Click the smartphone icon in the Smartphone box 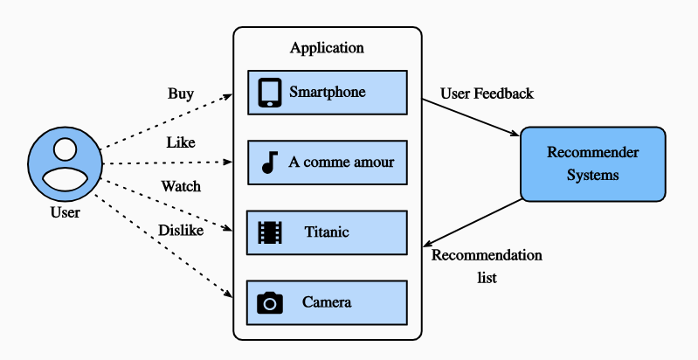(270, 92)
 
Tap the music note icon (270, 162)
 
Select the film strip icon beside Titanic (270, 232)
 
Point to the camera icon (270, 302)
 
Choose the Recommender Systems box (592, 163)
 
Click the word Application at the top (327, 48)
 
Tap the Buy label (180, 93)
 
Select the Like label (180, 142)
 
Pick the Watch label (180, 186)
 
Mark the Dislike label (180, 230)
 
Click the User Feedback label (487, 93)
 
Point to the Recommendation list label (487, 266)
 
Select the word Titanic (327, 232)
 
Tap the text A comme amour (341, 162)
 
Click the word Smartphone (327, 92)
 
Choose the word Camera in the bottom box (327, 302)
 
